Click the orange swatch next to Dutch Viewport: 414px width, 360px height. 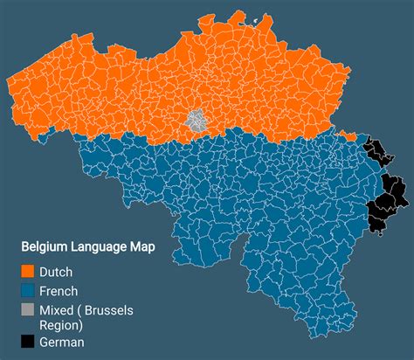click(28, 272)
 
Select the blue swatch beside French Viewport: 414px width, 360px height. click(28, 291)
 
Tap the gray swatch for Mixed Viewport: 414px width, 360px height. click(28, 310)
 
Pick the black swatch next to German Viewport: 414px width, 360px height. click(28, 342)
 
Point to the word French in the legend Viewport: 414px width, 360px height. click(59, 291)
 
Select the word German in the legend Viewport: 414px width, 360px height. click(62, 342)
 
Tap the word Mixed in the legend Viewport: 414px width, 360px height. click(58, 310)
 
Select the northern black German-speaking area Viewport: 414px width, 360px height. click(377, 150)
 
